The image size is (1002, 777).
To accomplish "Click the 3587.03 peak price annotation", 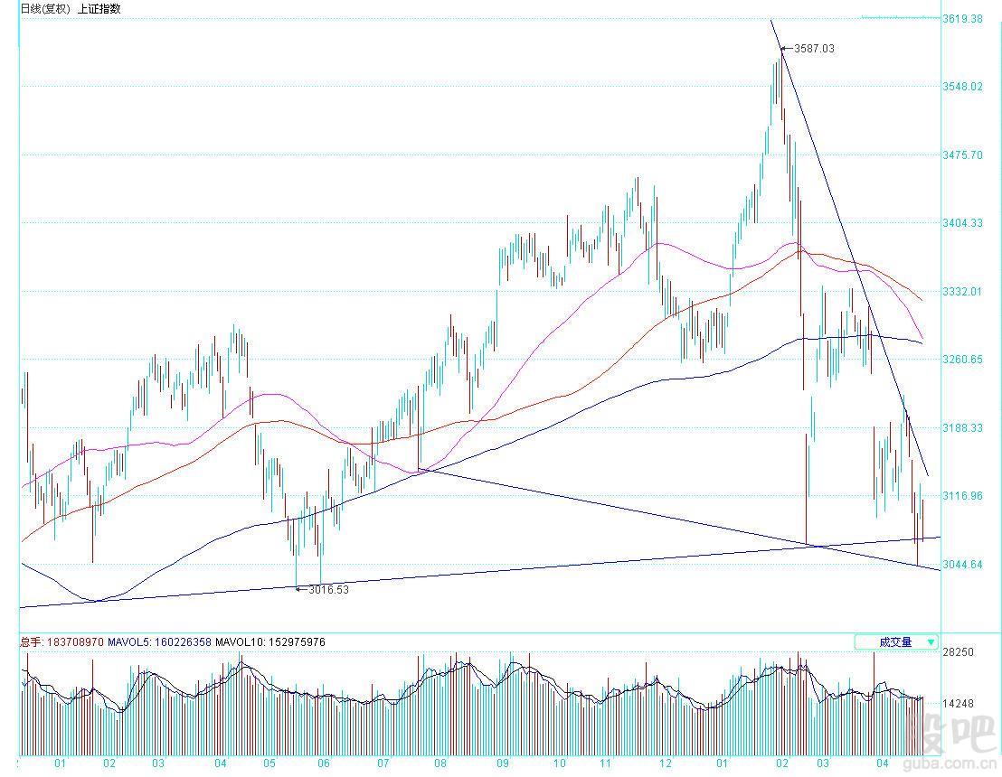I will pyautogui.click(x=813, y=49).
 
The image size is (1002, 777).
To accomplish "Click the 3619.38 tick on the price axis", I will pyautogui.click(x=962, y=18).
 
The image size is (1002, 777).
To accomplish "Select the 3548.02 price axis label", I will pyautogui.click(x=962, y=87).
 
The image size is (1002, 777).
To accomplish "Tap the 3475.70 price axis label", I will pyautogui.click(x=962, y=155).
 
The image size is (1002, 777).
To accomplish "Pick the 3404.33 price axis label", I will pyautogui.click(x=962, y=223).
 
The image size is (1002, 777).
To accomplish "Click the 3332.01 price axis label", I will pyautogui.click(x=962, y=292).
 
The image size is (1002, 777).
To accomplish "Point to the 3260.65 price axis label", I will pyautogui.click(x=962, y=360).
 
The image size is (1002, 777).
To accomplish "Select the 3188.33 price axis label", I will pyautogui.click(x=962, y=428).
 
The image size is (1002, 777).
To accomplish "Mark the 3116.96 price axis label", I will pyautogui.click(x=962, y=496).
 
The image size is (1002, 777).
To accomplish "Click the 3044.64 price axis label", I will pyautogui.click(x=962, y=565).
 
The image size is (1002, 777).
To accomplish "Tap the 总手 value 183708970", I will pyautogui.click(x=72, y=642).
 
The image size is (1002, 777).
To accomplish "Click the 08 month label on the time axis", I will pyautogui.click(x=441, y=763).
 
